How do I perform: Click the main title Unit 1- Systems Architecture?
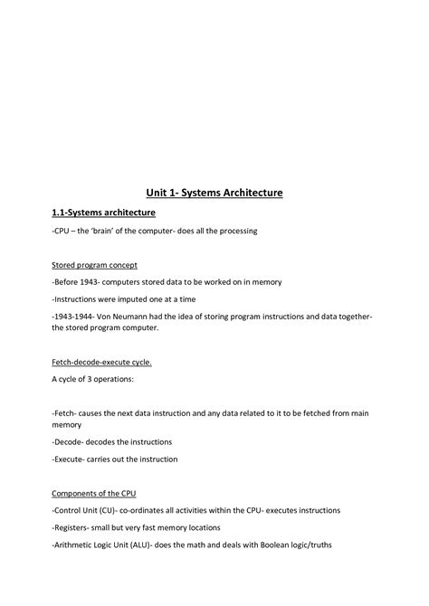pos(214,193)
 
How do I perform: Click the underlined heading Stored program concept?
pos(94,265)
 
